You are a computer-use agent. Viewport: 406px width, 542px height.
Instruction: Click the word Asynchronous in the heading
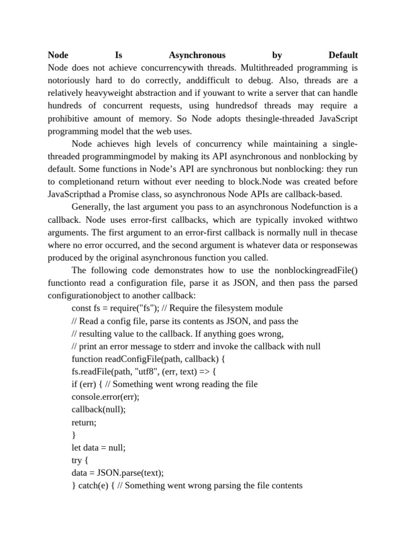coord(197,55)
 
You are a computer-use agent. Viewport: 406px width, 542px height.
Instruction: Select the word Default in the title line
coord(343,55)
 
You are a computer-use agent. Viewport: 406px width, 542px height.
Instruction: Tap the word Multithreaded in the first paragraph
coord(248,68)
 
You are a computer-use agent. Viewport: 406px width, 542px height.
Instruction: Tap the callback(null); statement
coord(94,410)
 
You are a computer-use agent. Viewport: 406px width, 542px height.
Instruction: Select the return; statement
coord(85,422)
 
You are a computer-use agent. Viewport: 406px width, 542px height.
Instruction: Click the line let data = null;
coord(98,448)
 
